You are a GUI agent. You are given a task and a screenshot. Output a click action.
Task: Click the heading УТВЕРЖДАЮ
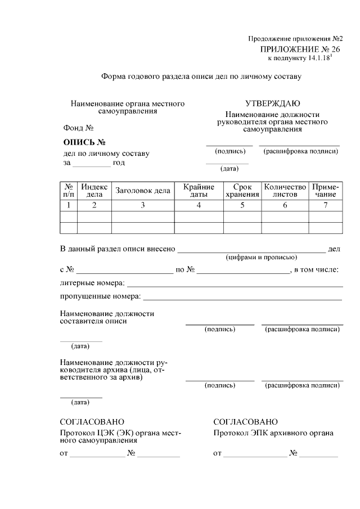click(x=272, y=103)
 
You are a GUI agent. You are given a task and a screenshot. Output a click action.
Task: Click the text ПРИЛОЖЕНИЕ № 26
click(x=300, y=50)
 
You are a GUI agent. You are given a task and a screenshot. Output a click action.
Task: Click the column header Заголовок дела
click(x=143, y=191)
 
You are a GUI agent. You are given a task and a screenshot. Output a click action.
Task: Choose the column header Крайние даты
click(x=199, y=191)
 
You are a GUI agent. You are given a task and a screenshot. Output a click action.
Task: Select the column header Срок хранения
click(x=242, y=191)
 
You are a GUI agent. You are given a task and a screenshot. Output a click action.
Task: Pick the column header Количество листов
click(x=285, y=191)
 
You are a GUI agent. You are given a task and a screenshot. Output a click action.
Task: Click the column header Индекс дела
click(x=94, y=191)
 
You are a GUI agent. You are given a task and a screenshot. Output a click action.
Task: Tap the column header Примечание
click(x=325, y=191)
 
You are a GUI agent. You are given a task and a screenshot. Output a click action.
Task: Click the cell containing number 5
click(x=242, y=205)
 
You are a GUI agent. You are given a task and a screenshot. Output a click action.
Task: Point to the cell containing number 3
click(x=143, y=205)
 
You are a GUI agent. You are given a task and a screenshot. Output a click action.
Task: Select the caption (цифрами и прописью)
click(x=261, y=257)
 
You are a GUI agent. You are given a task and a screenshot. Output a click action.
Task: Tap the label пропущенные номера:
click(x=100, y=296)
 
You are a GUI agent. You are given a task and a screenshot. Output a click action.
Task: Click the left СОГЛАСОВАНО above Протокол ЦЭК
click(x=92, y=422)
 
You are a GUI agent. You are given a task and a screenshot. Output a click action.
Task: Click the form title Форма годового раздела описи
click(x=201, y=75)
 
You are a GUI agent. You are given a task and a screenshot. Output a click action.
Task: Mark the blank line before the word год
click(x=92, y=164)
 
